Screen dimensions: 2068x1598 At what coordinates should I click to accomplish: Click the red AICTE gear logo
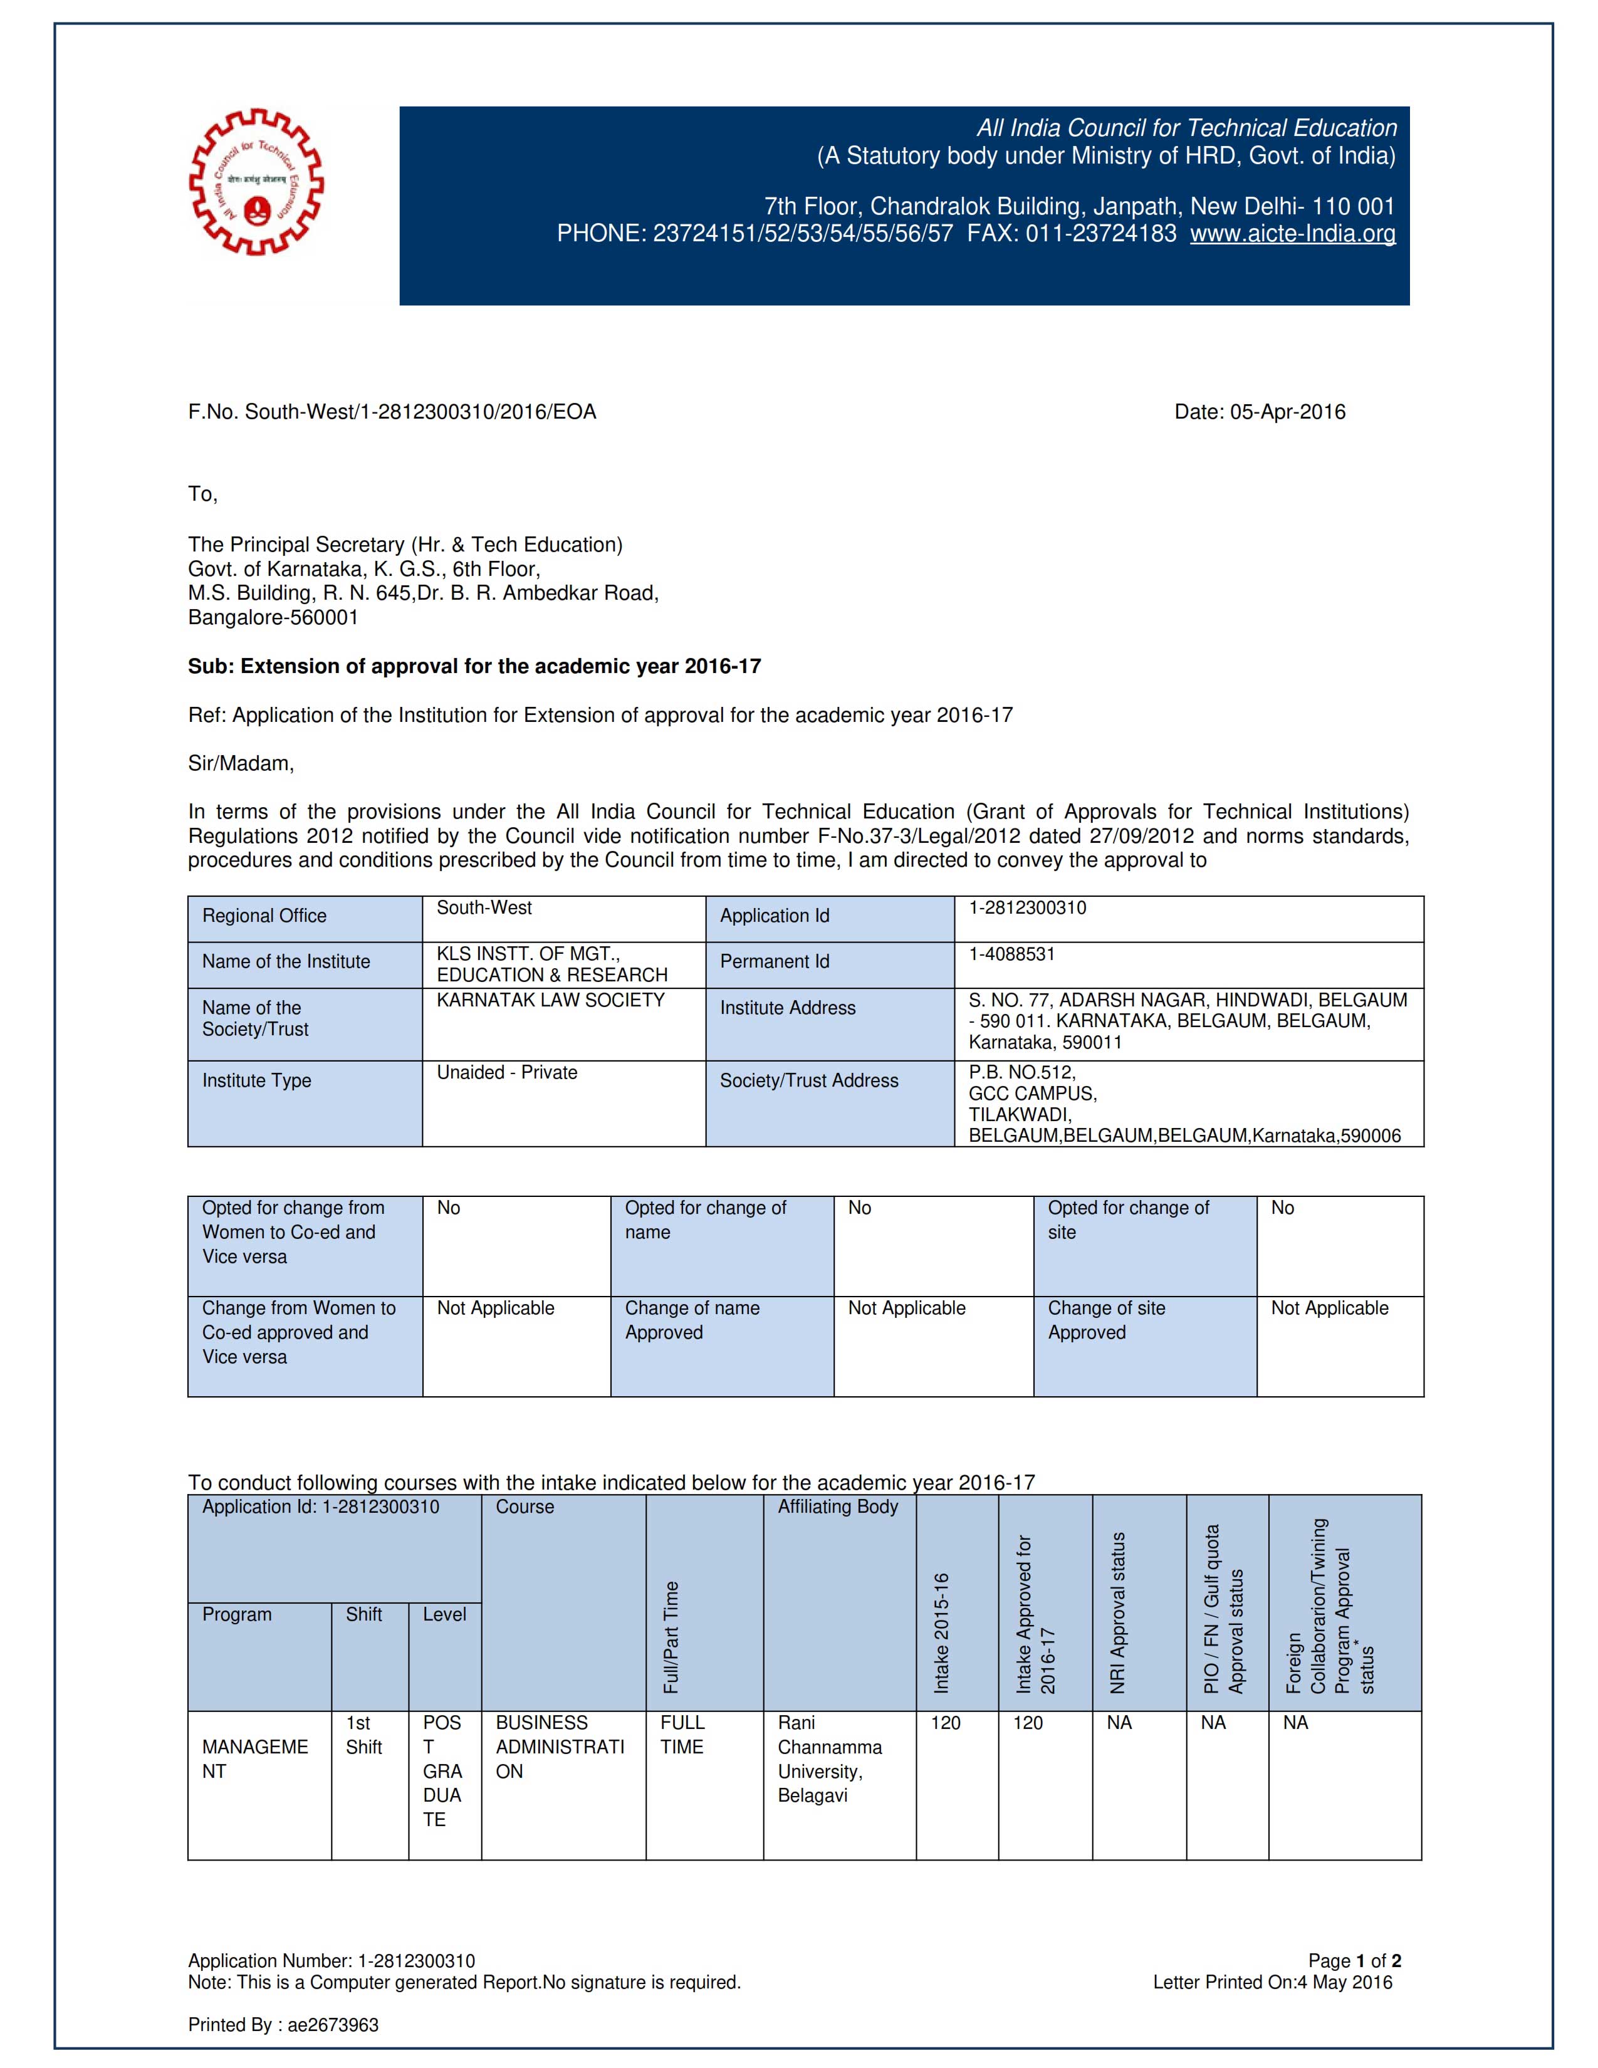(256, 182)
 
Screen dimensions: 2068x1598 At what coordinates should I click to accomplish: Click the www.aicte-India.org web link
(1292, 234)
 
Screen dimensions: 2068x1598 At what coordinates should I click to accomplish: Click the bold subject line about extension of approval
(474, 667)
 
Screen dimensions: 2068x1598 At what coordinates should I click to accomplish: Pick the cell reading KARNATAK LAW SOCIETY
(550, 1001)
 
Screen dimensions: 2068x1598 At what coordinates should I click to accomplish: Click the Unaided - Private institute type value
(506, 1073)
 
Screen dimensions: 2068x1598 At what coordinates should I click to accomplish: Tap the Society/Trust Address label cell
(808, 1082)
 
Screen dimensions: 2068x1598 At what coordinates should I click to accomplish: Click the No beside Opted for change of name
(860, 1208)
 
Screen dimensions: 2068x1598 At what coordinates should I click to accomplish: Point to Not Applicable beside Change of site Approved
(1329, 1308)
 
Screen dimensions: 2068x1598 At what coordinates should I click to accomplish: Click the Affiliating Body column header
(838, 1507)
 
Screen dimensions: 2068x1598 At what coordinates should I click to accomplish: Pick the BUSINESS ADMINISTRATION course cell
(560, 1747)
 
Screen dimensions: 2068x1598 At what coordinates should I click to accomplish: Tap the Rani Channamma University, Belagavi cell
(829, 1759)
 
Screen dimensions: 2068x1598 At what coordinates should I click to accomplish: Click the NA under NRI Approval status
(1119, 1723)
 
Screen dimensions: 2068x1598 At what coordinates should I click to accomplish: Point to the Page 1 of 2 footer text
(1354, 1961)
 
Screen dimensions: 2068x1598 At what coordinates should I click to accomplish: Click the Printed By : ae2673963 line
(283, 2025)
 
